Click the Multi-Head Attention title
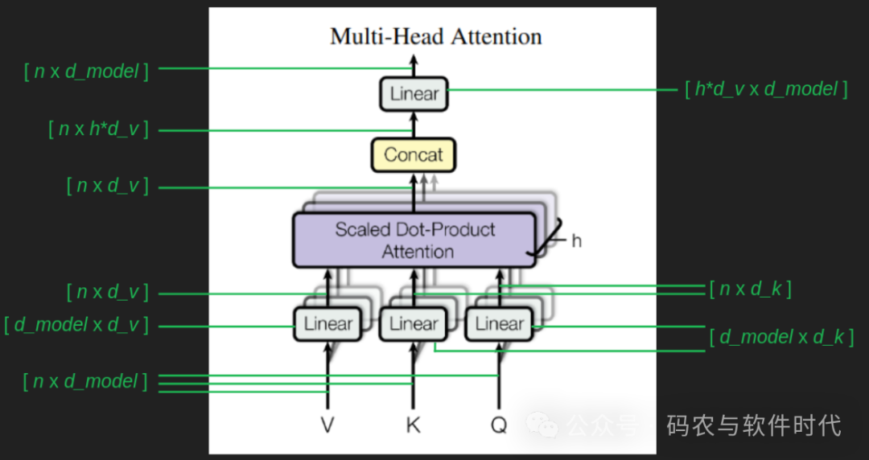[x=435, y=36]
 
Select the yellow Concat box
[x=413, y=154]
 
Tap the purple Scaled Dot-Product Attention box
[x=414, y=240]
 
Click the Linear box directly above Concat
[x=414, y=93]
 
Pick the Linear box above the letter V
[x=327, y=324]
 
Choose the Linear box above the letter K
[x=414, y=324]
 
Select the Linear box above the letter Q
[x=499, y=324]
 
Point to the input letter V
[x=327, y=425]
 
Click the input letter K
[x=413, y=425]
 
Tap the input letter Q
[x=499, y=425]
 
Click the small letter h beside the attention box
[x=576, y=240]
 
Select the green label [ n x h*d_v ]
[x=98, y=129]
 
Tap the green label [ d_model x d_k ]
[x=780, y=337]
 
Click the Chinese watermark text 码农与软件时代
[x=753, y=425]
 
